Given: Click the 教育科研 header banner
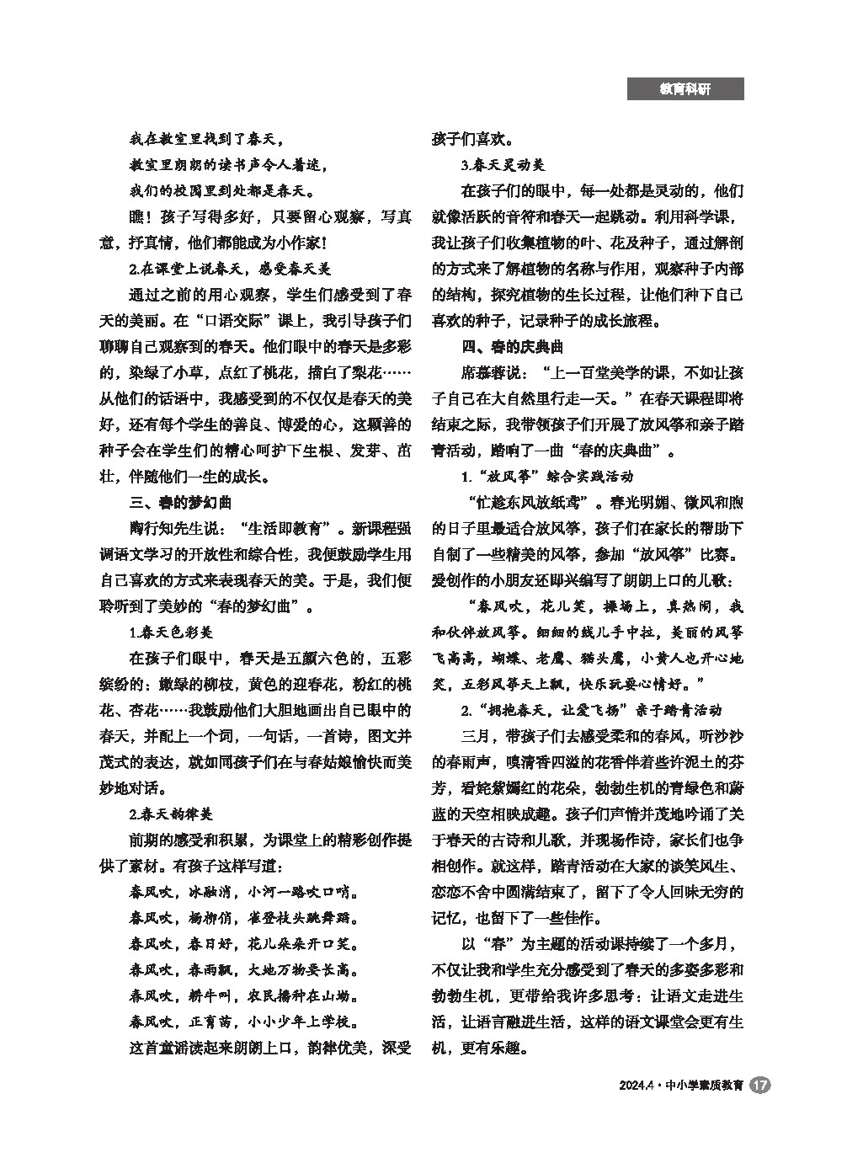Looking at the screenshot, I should click(x=685, y=88).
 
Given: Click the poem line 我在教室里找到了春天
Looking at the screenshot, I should click(x=206, y=139).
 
